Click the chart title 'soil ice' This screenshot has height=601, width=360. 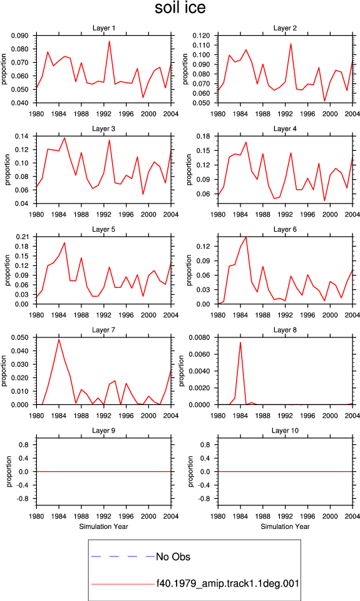click(x=180, y=8)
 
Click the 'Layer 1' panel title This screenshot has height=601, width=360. click(x=103, y=28)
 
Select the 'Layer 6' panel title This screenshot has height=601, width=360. click(x=285, y=229)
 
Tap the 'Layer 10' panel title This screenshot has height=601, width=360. click(x=285, y=431)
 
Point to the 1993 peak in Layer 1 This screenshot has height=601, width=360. click(x=110, y=41)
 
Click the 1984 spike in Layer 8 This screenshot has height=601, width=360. click(x=240, y=342)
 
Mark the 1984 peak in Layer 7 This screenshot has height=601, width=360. click(x=59, y=339)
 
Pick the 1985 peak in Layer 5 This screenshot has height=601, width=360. click(x=64, y=243)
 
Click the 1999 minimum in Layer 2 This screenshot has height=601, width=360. click(x=324, y=101)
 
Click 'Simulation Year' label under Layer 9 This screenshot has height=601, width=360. click(x=103, y=527)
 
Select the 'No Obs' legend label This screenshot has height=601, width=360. click(x=173, y=557)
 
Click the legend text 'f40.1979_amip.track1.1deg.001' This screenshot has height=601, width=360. click(x=227, y=583)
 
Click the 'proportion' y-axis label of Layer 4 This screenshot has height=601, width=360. click(x=188, y=170)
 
